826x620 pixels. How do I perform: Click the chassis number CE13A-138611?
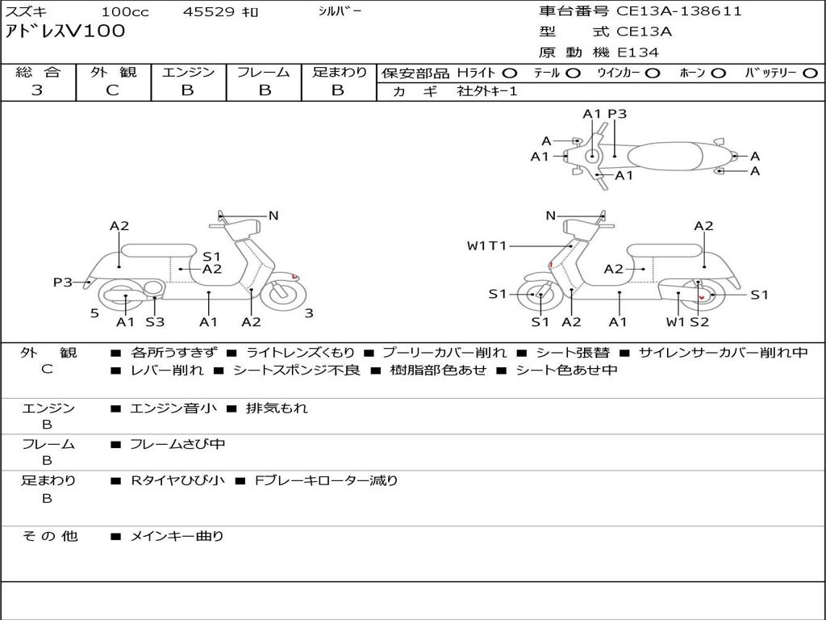point(679,11)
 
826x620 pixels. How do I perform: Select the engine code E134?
point(638,52)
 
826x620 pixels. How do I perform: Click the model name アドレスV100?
point(65,31)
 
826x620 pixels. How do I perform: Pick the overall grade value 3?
point(37,90)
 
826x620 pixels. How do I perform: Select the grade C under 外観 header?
point(112,90)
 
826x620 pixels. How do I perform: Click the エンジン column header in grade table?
point(188,72)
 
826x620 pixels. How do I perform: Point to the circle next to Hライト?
point(510,73)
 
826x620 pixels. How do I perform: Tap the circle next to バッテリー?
point(810,73)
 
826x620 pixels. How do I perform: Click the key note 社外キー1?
point(487,91)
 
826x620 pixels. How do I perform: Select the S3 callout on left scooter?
point(155,321)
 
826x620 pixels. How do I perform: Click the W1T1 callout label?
point(486,245)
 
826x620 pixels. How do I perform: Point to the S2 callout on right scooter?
point(699,321)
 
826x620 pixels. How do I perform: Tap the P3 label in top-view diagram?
point(617,114)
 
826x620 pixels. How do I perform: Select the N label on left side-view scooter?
point(273,216)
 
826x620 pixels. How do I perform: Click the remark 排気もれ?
point(277,408)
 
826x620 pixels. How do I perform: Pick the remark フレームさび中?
point(177,445)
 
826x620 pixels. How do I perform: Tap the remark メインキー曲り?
point(177,537)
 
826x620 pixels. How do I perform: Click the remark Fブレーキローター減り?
point(326,481)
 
